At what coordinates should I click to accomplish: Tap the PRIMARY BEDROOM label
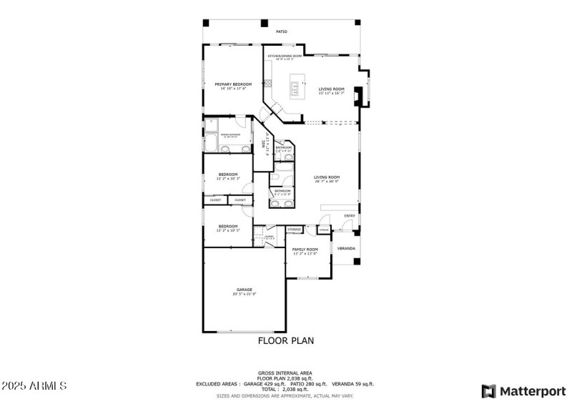click(233, 84)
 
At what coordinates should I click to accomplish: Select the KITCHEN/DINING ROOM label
click(285, 56)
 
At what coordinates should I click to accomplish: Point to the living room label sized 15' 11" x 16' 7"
click(331, 89)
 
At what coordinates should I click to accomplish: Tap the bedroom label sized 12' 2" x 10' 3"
click(228, 175)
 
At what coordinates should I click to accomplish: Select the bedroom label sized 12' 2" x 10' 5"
click(228, 227)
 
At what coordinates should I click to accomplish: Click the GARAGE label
click(244, 290)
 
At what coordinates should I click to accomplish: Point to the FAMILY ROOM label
click(305, 250)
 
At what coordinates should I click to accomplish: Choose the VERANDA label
click(346, 248)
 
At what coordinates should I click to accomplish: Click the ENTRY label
click(350, 215)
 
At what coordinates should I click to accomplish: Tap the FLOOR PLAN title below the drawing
click(285, 341)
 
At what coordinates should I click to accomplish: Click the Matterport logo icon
click(489, 391)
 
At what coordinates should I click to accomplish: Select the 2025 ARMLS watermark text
click(34, 386)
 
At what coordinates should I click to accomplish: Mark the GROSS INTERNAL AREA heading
click(285, 373)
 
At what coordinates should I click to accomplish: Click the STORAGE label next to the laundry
click(295, 230)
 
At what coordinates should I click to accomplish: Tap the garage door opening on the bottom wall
click(245, 331)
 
